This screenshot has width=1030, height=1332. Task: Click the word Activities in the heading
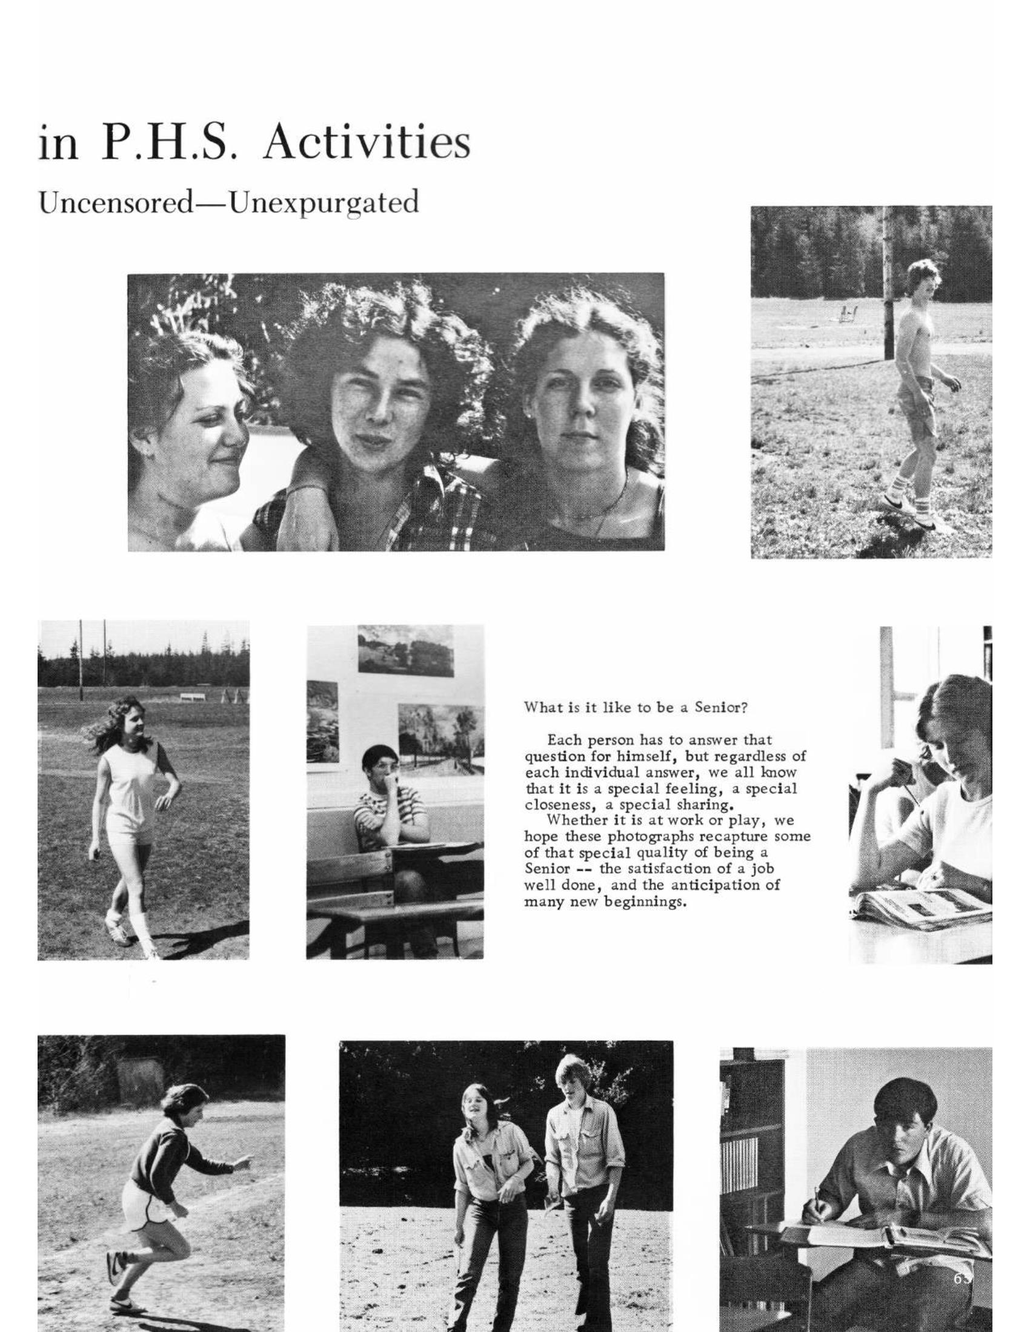coord(367,142)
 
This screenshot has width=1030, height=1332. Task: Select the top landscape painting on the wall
coord(406,650)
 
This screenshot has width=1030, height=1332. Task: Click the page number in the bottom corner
coord(962,1274)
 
